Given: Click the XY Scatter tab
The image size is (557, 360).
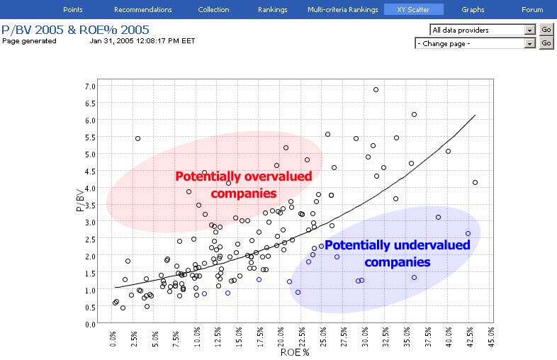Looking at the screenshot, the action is pyautogui.click(x=413, y=10).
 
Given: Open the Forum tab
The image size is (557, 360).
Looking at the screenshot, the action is pyautogui.click(x=531, y=10).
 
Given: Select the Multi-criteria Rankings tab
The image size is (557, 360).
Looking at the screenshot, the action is pyautogui.click(x=343, y=10).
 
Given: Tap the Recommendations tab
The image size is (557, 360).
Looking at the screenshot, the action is pyautogui.click(x=143, y=10).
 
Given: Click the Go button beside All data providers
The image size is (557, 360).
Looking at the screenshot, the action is pyautogui.click(x=546, y=30).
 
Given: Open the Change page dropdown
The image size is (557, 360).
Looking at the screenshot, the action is pyautogui.click(x=475, y=43).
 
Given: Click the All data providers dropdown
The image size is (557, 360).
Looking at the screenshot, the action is pyautogui.click(x=483, y=30).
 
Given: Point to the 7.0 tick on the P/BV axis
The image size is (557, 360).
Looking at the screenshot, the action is pyautogui.click(x=90, y=86).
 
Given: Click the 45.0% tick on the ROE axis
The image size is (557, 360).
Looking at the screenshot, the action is pyautogui.click(x=491, y=337).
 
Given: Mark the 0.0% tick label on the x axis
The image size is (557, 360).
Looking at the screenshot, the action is pyautogui.click(x=113, y=339).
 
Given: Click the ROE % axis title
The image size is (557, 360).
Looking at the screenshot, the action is pyautogui.click(x=295, y=352).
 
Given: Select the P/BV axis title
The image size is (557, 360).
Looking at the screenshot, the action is pyautogui.click(x=80, y=200).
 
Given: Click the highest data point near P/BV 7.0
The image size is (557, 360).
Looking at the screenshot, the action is pyautogui.click(x=376, y=90).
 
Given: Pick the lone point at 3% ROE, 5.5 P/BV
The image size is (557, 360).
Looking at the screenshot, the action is pyautogui.click(x=137, y=139).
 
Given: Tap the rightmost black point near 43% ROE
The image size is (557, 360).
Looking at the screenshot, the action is pyautogui.click(x=476, y=183).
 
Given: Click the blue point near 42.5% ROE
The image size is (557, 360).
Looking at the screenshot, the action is pyautogui.click(x=468, y=234).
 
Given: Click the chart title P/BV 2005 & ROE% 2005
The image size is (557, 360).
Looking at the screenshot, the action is pyautogui.click(x=75, y=30).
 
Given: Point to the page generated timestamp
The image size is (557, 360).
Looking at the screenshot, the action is pyautogui.click(x=142, y=41).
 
